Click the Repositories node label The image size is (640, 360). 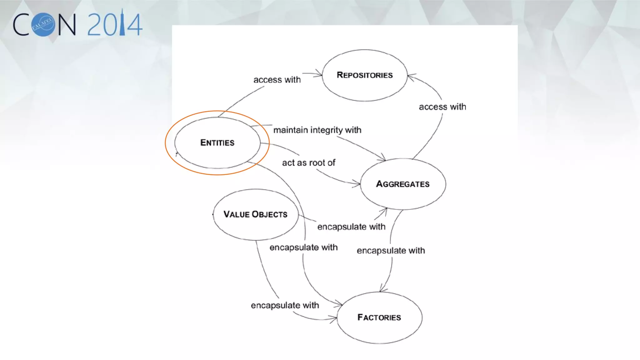pyautogui.click(x=365, y=75)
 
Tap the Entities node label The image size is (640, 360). pyautogui.click(x=217, y=143)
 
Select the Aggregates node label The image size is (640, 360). pyautogui.click(x=403, y=184)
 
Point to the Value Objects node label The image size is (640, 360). pyautogui.click(x=255, y=214)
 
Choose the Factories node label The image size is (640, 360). pyautogui.click(x=379, y=317)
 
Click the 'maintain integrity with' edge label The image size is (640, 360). pyautogui.click(x=317, y=130)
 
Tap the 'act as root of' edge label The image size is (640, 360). pyautogui.click(x=308, y=163)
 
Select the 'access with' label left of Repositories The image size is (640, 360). pyautogui.click(x=277, y=80)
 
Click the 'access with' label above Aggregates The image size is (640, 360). pyautogui.click(x=442, y=107)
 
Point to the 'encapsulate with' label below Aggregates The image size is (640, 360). pyautogui.click(x=391, y=251)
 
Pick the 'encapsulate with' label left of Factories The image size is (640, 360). pyautogui.click(x=285, y=305)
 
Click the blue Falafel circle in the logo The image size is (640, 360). pyautogui.click(x=44, y=25)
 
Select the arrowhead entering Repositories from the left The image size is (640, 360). pyautogui.click(x=319, y=74)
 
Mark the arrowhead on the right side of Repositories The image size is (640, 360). pyautogui.click(x=411, y=76)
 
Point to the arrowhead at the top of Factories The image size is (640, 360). pyautogui.click(x=382, y=289)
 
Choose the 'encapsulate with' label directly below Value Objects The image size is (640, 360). pyautogui.click(x=303, y=247)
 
